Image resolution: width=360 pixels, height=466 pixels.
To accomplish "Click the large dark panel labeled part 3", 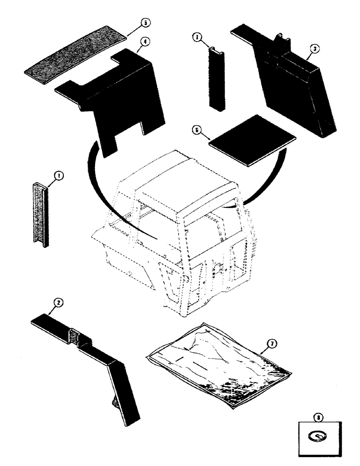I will point(289,89).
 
